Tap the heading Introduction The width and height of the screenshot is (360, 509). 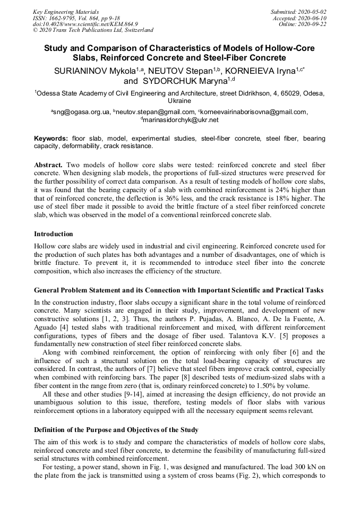[x=54, y=234]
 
